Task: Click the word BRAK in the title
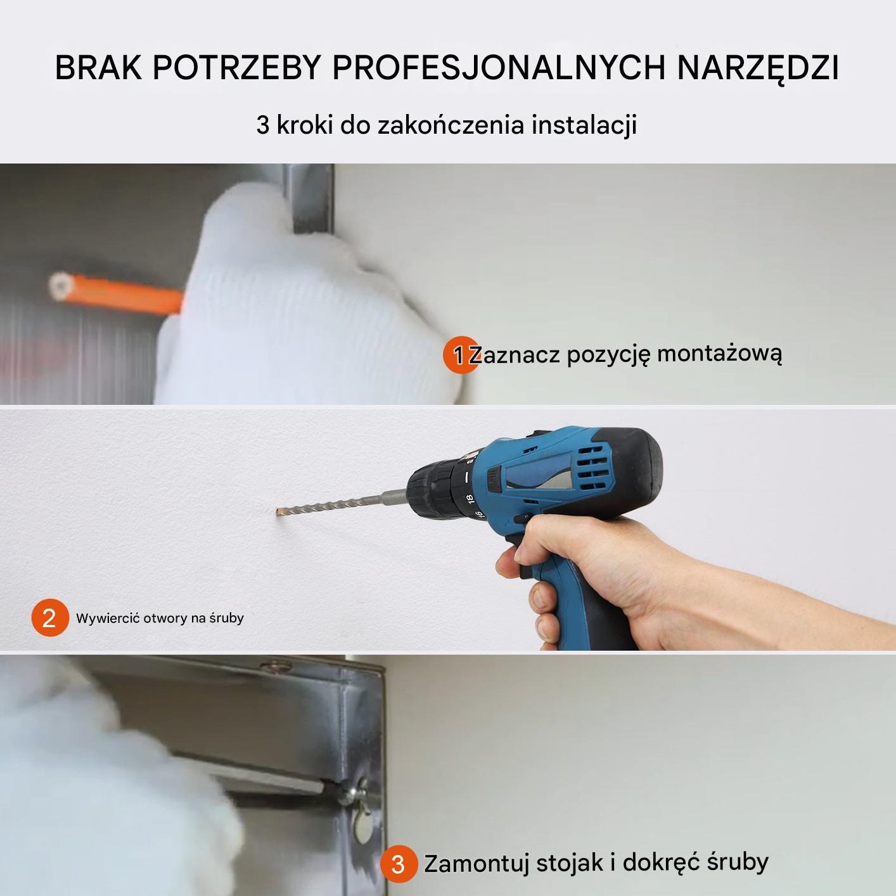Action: pos(98,68)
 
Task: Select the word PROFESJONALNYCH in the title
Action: pos(499,68)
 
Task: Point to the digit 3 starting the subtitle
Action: pos(263,125)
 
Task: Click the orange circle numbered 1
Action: pos(460,355)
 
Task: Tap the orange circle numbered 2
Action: pos(50,617)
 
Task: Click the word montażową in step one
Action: pos(719,354)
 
